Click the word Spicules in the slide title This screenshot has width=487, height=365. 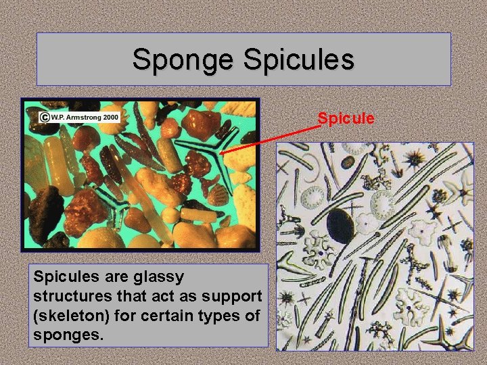click(298, 59)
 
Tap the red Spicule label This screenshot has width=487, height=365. click(346, 119)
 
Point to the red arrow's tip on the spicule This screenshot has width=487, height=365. click(221, 153)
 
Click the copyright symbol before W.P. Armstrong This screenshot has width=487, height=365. click(44, 117)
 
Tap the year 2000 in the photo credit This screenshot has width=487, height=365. click(112, 117)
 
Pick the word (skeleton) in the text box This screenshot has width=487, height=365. click(62, 315)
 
